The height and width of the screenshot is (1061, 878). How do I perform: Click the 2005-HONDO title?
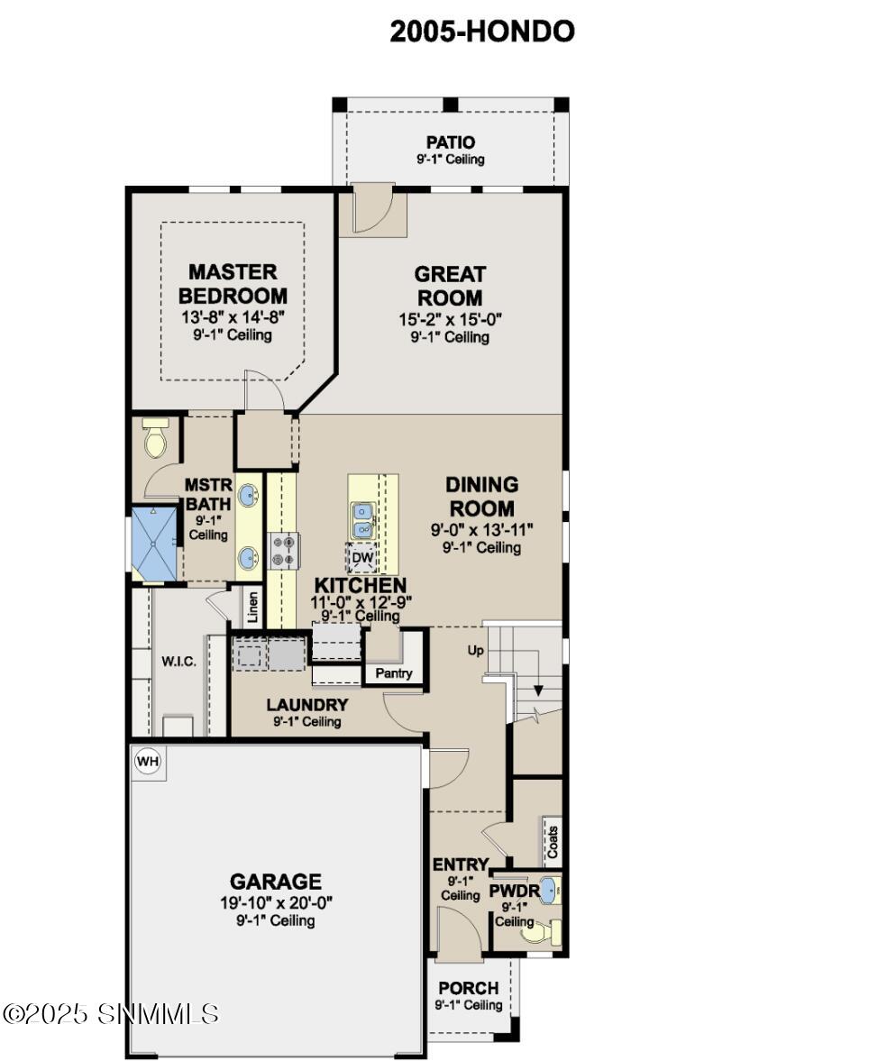pos(481,32)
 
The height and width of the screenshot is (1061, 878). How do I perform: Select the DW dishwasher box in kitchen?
pos(362,558)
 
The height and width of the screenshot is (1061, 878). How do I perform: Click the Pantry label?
pos(394,673)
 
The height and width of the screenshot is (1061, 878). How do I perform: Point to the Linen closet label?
pos(253,608)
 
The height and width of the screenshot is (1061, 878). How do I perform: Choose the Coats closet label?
pos(553,842)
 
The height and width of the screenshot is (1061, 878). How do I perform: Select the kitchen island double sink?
pos(363,520)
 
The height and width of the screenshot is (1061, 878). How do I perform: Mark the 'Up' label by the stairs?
pos(475,650)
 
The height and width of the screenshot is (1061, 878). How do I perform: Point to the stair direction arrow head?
pos(537,691)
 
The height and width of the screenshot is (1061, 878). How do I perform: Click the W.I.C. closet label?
pos(178,662)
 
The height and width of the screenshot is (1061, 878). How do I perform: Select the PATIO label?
pos(450,142)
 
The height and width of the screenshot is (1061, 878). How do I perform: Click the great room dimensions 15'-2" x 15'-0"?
pos(450,319)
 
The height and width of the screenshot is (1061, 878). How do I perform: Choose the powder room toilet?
pos(539,931)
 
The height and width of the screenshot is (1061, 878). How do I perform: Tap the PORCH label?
pos(468,989)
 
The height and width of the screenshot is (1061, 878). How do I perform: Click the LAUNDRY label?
pos(306,705)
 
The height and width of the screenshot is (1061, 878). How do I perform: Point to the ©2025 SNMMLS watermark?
pos(110,1014)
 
